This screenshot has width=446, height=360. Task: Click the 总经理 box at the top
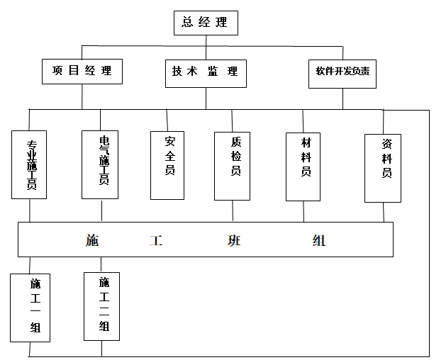pos(206,23)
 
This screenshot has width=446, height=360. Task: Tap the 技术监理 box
pos(206,72)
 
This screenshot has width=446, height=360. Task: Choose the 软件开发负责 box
pos(342,72)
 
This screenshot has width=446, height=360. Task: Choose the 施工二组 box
pos(103,305)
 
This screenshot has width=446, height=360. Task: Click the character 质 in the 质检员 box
pos(235,141)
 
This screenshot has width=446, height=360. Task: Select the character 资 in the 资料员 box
pos(386,144)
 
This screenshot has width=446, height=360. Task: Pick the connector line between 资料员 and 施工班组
pos(384,212)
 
